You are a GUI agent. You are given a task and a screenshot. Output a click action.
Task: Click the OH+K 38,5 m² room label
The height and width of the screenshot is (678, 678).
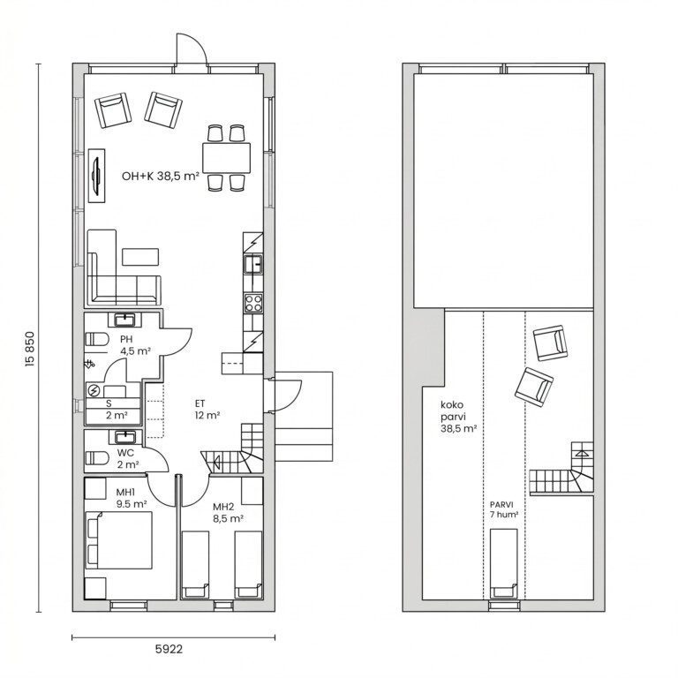(x=161, y=176)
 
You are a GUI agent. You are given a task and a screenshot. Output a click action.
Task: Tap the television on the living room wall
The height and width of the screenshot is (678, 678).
(x=97, y=175)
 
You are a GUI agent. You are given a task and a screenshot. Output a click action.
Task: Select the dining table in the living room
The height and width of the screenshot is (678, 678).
(x=226, y=157)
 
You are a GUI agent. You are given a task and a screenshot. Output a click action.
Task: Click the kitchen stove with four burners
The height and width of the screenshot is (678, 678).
(x=253, y=302)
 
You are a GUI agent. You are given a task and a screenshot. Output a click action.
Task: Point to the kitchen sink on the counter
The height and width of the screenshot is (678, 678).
(x=253, y=264)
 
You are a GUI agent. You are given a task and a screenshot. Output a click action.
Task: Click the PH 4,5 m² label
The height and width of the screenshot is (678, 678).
(x=135, y=345)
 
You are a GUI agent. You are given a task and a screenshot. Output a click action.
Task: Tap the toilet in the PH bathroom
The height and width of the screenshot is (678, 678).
(x=96, y=339)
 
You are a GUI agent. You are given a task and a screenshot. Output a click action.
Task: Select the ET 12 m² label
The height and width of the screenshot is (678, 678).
(x=207, y=410)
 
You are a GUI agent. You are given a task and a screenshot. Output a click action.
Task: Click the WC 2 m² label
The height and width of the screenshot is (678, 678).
(x=127, y=459)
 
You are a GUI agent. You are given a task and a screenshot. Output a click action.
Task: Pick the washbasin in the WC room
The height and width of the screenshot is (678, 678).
(x=125, y=437)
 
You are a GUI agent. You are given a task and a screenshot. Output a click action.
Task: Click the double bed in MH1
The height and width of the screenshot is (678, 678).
(x=119, y=540)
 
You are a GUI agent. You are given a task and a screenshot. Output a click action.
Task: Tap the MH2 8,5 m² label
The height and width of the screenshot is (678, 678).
(x=228, y=512)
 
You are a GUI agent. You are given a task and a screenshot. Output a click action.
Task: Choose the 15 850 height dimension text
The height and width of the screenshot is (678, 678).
(x=29, y=350)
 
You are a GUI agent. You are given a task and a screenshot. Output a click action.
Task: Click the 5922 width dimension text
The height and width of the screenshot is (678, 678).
(x=169, y=649)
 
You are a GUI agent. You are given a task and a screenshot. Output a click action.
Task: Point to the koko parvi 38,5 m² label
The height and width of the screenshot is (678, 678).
(x=458, y=417)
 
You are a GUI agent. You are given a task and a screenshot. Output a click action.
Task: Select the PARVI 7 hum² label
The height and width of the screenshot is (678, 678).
(x=504, y=509)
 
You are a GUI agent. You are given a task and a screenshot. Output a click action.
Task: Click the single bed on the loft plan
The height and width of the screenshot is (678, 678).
(x=504, y=564)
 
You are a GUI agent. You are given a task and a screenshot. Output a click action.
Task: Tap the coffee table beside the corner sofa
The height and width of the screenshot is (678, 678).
(x=140, y=256)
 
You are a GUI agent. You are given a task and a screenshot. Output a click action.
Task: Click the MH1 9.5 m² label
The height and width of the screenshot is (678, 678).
(x=131, y=498)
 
